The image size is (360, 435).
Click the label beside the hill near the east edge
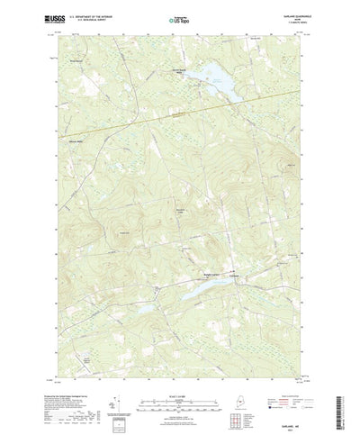[290, 166]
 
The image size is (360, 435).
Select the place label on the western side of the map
[74, 142]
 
